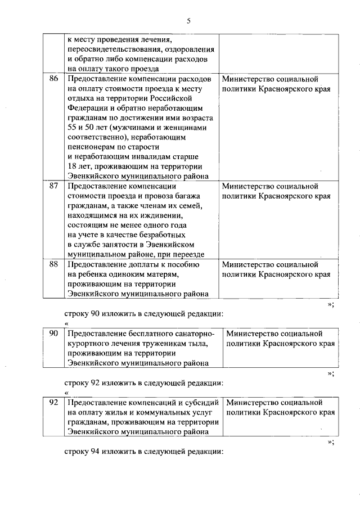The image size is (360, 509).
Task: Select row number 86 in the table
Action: coord(54,79)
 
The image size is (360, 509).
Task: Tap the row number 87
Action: coord(54,186)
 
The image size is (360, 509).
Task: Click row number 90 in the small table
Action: coord(54,333)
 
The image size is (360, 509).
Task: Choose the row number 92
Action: coord(54,402)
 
